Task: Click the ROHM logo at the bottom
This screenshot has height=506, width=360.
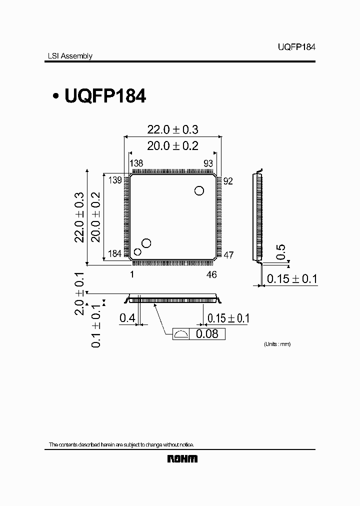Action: pyautogui.click(x=182, y=458)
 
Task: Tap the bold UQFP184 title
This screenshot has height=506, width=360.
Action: pyautogui.click(x=105, y=96)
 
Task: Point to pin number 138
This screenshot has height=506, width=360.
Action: pyautogui.click(x=136, y=163)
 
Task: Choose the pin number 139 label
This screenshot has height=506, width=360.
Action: pyautogui.click(x=115, y=180)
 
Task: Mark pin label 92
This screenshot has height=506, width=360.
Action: pyautogui.click(x=228, y=181)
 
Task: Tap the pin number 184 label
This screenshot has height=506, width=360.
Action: pyautogui.click(x=115, y=254)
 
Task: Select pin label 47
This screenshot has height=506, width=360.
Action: pyautogui.click(x=228, y=255)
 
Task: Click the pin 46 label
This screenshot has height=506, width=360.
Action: pyautogui.click(x=211, y=274)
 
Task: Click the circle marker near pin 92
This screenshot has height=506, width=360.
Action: pyautogui.click(x=199, y=190)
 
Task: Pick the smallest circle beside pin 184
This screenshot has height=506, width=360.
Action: pyautogui.click(x=137, y=252)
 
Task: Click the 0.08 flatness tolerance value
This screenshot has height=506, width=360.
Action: pyautogui.click(x=207, y=334)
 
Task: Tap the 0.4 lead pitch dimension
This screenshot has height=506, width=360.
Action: pyautogui.click(x=126, y=318)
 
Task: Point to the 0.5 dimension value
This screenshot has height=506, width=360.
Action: pyautogui.click(x=281, y=252)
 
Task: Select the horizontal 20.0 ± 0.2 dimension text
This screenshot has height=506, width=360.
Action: pyautogui.click(x=172, y=145)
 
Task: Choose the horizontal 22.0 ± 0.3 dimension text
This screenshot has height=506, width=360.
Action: pyautogui.click(x=172, y=129)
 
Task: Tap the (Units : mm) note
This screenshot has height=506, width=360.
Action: pyautogui.click(x=277, y=344)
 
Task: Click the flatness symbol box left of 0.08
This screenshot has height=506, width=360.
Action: pyautogui.click(x=181, y=334)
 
